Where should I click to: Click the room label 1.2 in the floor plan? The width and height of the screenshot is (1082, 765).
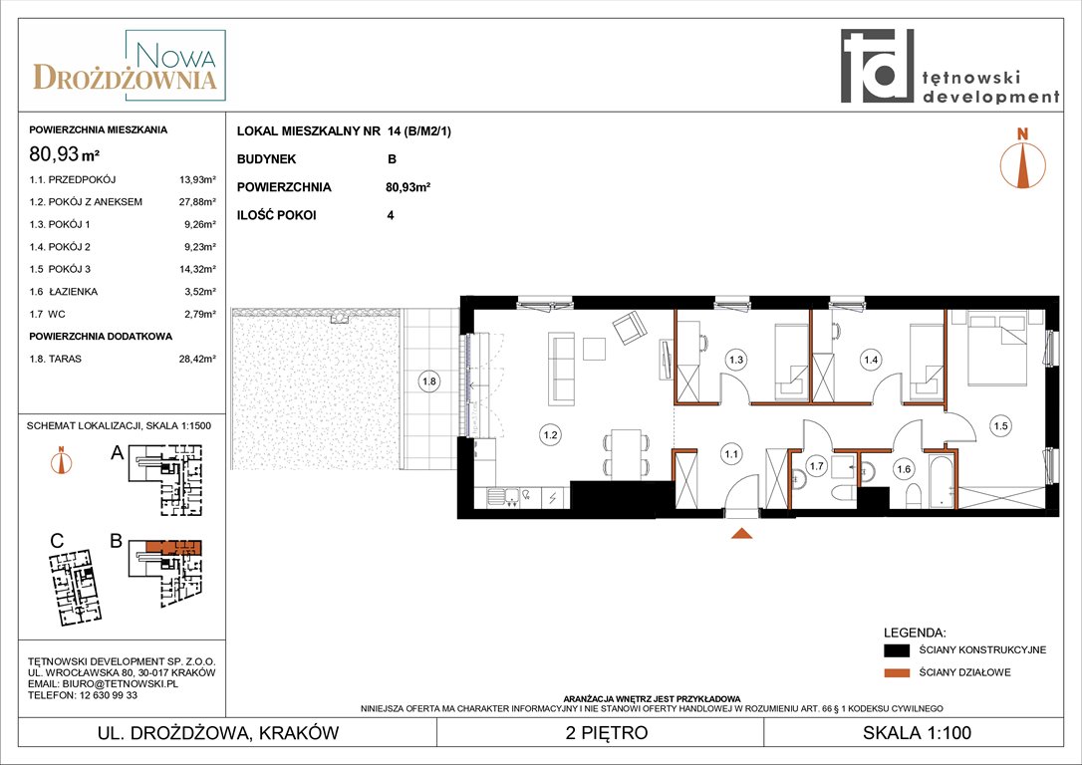550,435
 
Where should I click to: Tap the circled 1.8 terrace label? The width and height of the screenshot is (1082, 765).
429,382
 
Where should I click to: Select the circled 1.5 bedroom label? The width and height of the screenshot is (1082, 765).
1000,426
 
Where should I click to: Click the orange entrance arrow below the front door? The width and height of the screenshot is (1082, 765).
742,533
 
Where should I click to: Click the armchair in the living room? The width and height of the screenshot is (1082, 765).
630,328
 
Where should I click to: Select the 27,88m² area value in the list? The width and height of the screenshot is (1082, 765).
197,202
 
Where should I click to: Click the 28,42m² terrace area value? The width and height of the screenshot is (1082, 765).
197,359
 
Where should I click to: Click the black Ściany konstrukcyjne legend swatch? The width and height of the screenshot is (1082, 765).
897,650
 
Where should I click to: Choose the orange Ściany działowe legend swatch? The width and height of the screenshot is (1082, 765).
897,672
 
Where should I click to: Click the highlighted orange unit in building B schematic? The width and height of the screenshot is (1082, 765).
173,548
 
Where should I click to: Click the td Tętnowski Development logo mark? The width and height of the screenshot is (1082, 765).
877,66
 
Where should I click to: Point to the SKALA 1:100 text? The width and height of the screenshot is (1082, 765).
917,732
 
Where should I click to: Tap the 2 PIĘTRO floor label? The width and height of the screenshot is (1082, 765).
607,732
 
